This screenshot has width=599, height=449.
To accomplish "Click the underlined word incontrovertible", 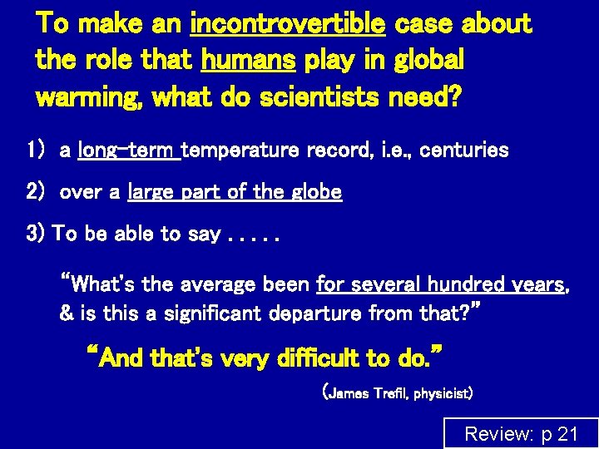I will pyautogui.click(x=288, y=24).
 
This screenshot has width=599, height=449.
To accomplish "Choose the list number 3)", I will pyautogui.click(x=37, y=234).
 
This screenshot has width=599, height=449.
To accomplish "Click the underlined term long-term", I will pyautogui.click(x=128, y=150).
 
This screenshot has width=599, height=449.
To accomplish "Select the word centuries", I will pyautogui.click(x=468, y=150).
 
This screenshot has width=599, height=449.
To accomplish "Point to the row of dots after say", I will pyautogui.click(x=255, y=235).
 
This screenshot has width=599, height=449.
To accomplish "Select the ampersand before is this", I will pyautogui.click(x=67, y=314).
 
